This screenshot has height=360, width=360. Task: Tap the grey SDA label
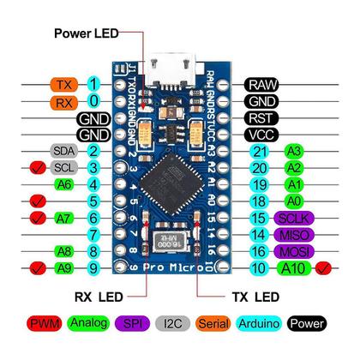click(63, 151)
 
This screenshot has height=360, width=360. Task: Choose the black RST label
click(261, 117)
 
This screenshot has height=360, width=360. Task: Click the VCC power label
click(261, 134)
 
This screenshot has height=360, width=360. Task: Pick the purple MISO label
click(287, 234)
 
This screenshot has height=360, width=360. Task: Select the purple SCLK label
click(287, 218)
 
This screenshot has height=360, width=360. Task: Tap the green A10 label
click(291, 268)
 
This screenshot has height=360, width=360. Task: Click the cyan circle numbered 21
click(258, 151)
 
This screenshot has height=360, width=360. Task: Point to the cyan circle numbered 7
click(94, 234)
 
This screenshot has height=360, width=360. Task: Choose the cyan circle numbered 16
click(258, 251)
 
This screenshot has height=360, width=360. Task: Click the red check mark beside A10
click(323, 268)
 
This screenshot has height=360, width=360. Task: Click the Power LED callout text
click(87, 33)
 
